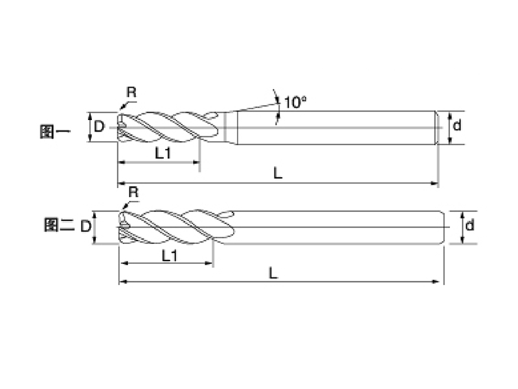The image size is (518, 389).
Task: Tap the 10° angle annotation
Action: tap(294, 102)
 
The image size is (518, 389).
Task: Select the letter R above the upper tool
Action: tap(131, 92)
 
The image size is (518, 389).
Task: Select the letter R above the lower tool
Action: tap(133, 192)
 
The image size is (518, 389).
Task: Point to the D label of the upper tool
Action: tap(98, 126)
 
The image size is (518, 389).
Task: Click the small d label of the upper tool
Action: tap(456, 126)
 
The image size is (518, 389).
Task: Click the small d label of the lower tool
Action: tap(470, 226)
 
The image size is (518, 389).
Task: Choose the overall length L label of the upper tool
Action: tap(277, 173)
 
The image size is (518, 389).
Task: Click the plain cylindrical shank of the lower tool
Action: tap(337, 227)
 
